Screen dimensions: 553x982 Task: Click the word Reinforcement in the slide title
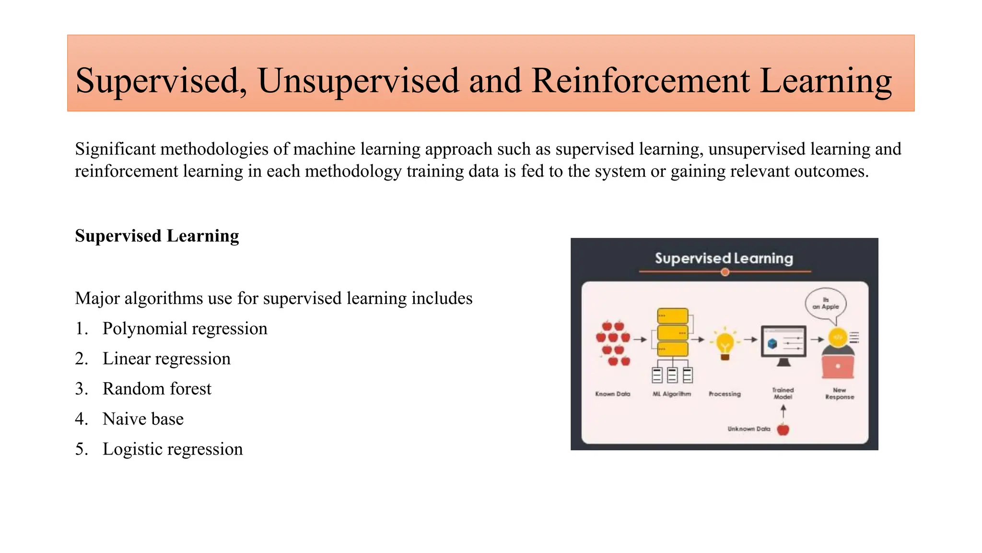[x=640, y=81]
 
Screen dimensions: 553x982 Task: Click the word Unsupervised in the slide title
[x=358, y=81]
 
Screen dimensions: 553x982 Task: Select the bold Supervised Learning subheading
[x=157, y=236]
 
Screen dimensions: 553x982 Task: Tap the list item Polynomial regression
[x=185, y=329]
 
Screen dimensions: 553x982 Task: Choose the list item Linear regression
[x=166, y=359]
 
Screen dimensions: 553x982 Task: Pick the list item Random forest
[x=157, y=389]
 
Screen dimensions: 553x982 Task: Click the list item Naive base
[x=143, y=419]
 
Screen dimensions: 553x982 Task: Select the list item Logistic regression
[x=173, y=449]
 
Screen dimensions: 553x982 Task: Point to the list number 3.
[x=81, y=389]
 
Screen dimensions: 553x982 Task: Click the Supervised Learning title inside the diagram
[x=724, y=258]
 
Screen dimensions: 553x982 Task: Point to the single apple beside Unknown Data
[x=783, y=429]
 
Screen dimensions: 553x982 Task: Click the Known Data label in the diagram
[x=612, y=394]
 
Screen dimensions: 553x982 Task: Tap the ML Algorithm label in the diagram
[x=671, y=394]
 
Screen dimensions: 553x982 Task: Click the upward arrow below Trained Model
[x=783, y=411]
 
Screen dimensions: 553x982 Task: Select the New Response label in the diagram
[x=839, y=394]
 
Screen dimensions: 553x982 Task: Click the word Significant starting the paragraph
[x=115, y=149]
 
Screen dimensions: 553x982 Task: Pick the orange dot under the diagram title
[x=725, y=272]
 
